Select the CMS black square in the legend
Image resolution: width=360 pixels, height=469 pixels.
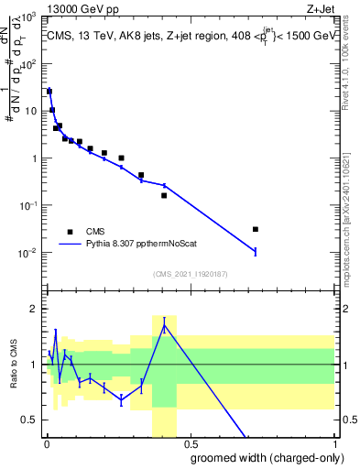70,232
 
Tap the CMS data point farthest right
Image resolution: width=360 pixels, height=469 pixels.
256,229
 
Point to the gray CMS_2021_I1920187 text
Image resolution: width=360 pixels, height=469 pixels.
191,273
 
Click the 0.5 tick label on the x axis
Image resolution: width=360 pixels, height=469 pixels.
190,443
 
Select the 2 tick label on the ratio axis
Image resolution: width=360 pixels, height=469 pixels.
35,309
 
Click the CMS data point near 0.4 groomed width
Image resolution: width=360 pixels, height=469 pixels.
164,195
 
